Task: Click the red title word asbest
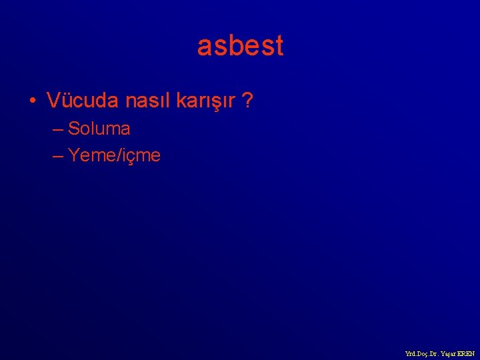(x=240, y=46)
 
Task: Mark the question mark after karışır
(x=247, y=101)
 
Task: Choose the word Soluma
(x=99, y=128)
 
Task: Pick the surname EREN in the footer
(x=466, y=353)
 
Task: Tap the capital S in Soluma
(x=73, y=128)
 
